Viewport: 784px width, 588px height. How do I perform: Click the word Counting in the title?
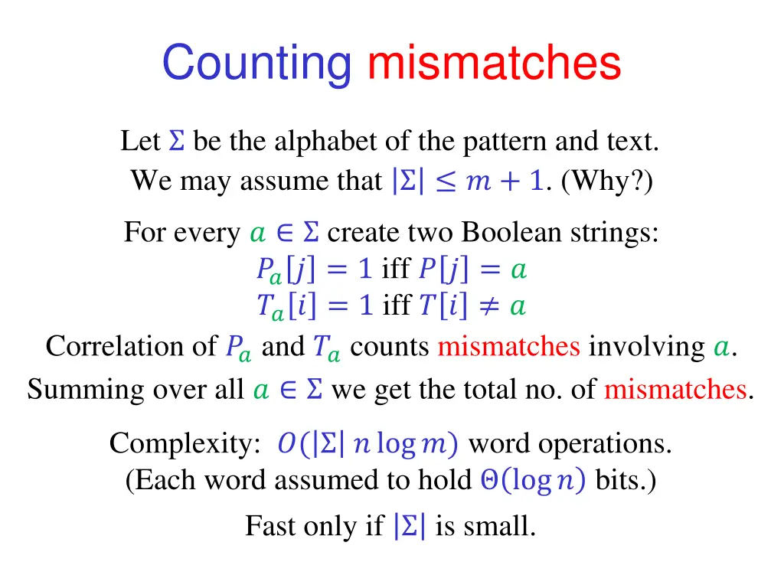pyautogui.click(x=256, y=63)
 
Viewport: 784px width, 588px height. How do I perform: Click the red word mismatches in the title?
pyautogui.click(x=494, y=63)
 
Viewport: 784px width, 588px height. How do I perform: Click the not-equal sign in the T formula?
pyautogui.click(x=488, y=306)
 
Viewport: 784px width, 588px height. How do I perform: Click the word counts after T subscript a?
pyautogui.click(x=390, y=347)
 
